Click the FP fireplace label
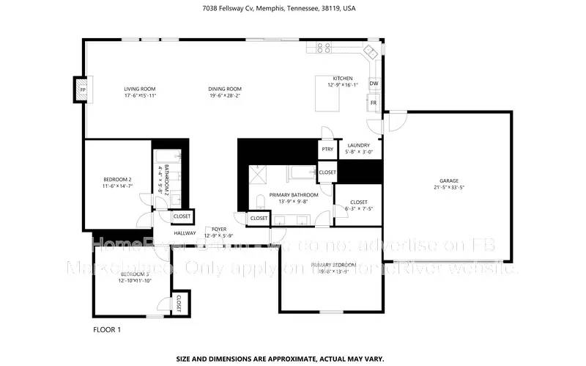tap(82, 90)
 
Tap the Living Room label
tap(140, 88)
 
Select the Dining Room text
tap(225, 88)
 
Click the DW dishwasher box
tap(374, 84)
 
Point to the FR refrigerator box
tap(374, 103)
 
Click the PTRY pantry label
tap(327, 150)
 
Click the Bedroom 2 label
tap(116, 180)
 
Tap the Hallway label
tap(185, 233)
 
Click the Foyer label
tap(219, 229)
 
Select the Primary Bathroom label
tap(294, 195)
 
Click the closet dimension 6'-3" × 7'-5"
tap(359, 209)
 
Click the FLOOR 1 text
tap(107, 330)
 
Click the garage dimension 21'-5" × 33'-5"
tap(449, 187)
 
